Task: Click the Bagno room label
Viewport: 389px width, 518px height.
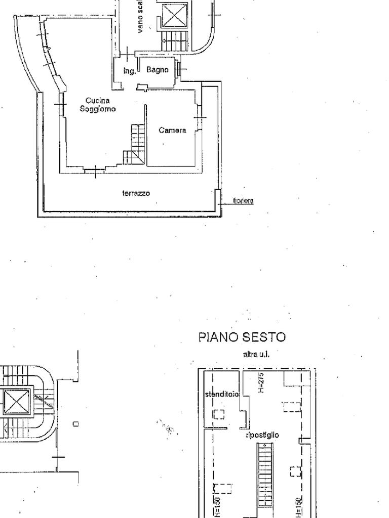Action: (x=157, y=70)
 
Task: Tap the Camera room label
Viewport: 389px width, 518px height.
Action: (x=172, y=131)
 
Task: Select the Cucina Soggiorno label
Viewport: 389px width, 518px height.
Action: (x=98, y=105)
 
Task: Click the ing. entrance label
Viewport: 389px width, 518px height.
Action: (x=130, y=71)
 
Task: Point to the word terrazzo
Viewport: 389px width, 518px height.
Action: (x=136, y=193)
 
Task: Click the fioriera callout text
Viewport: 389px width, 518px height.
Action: (x=243, y=201)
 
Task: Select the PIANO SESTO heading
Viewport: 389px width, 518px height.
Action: (x=242, y=337)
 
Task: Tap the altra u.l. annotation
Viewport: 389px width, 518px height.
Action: (x=256, y=354)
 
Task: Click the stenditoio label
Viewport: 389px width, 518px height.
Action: (x=222, y=394)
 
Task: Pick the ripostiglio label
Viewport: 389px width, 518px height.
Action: (x=262, y=435)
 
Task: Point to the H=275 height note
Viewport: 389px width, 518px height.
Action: (x=261, y=382)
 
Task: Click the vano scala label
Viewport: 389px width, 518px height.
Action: (x=140, y=18)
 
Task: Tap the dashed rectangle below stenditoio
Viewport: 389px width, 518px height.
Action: (x=218, y=414)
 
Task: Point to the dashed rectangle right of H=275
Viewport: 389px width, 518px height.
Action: (x=292, y=407)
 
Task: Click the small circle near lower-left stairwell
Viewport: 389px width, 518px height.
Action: (x=75, y=423)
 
